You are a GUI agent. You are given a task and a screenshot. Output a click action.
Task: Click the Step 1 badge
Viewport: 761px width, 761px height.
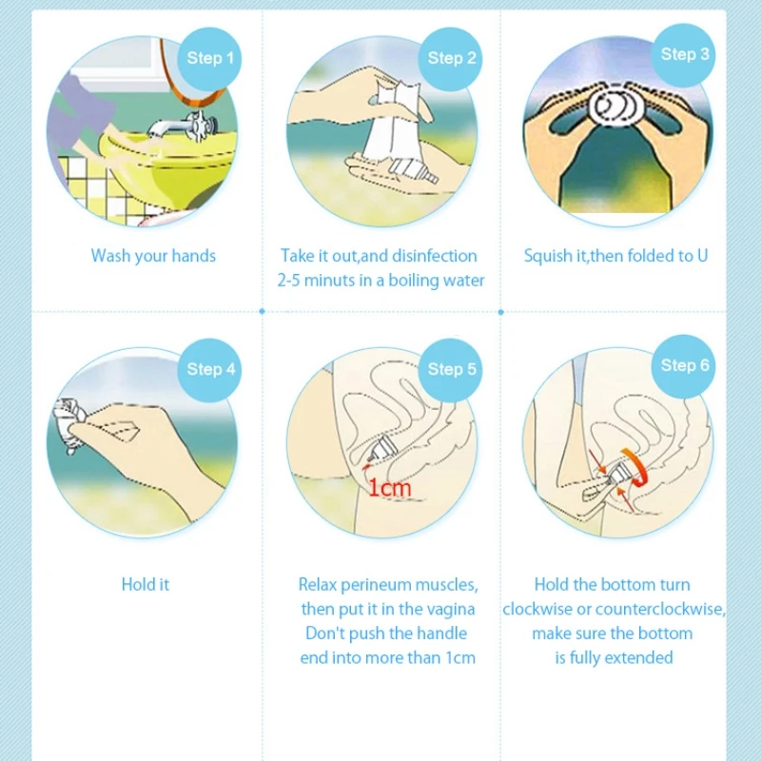tap(209, 59)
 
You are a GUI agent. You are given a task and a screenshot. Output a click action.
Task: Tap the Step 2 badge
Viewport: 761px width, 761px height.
tap(450, 59)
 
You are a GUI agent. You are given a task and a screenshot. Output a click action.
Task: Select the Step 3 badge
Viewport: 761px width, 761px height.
tap(683, 55)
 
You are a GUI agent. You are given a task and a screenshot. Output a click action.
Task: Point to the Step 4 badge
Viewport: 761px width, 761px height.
tap(209, 370)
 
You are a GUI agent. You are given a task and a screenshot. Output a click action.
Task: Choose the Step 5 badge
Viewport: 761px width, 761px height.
tap(450, 370)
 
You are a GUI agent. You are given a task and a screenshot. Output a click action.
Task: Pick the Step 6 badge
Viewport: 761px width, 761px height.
tap(683, 366)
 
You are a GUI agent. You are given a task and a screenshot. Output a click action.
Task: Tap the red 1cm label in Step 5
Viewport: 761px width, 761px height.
tap(390, 488)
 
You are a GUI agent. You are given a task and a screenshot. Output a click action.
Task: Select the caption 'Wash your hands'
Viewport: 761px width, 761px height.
tap(153, 256)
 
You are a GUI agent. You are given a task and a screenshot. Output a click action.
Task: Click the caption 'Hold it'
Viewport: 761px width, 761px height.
tap(146, 584)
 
